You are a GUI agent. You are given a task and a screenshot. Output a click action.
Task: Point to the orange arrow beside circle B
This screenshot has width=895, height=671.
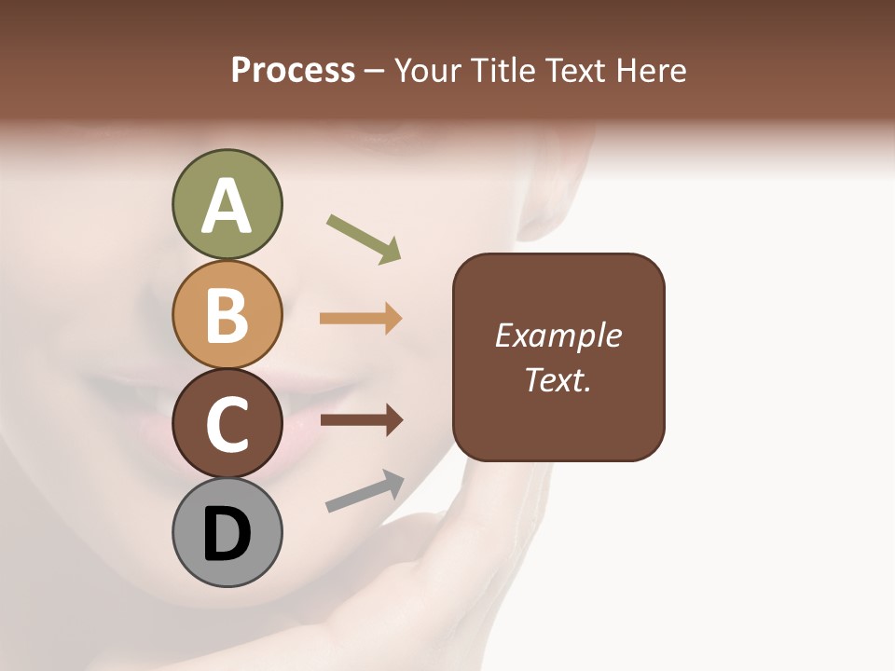[361, 318]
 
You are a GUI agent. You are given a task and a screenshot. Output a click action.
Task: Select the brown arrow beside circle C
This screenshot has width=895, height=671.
[361, 420]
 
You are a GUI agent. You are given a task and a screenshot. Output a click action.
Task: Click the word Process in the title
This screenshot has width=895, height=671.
[293, 71]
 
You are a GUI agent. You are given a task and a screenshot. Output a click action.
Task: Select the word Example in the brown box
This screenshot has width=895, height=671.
[558, 335]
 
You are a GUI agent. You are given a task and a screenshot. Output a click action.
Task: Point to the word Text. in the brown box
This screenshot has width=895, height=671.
[558, 379]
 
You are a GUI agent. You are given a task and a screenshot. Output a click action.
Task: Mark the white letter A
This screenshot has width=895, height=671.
[227, 206]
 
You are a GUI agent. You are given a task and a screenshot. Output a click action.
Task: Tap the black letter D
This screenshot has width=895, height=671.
[227, 535]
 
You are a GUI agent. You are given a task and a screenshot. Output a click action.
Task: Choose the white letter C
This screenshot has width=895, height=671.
[227, 425]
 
